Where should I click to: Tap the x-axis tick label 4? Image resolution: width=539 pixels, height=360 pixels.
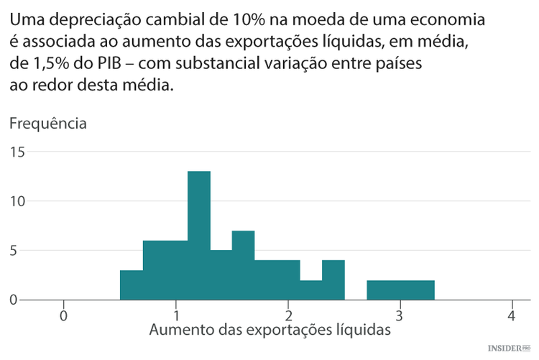pos(512,315)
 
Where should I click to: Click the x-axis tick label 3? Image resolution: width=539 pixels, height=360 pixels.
pos(400,315)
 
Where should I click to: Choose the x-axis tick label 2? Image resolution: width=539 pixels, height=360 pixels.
pos(288,315)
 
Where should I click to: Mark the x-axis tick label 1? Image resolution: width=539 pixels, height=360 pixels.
pos(176,315)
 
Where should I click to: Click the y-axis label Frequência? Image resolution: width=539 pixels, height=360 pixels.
pos(48,124)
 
